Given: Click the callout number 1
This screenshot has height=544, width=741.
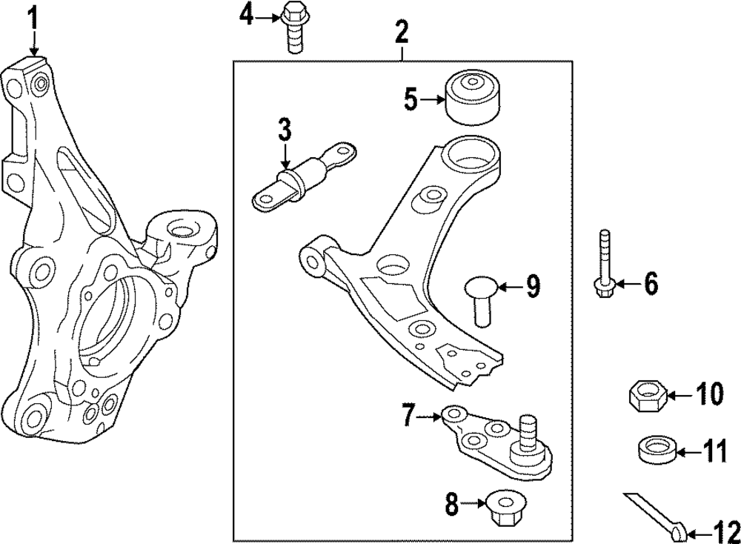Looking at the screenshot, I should click(x=33, y=16).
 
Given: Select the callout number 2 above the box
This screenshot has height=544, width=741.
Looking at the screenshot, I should click(x=401, y=32).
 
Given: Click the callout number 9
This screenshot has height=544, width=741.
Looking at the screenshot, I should click(x=534, y=286).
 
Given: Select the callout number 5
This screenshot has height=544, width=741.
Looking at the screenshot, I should click(x=411, y=99).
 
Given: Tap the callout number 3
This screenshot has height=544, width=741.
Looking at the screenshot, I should click(x=285, y=131).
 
